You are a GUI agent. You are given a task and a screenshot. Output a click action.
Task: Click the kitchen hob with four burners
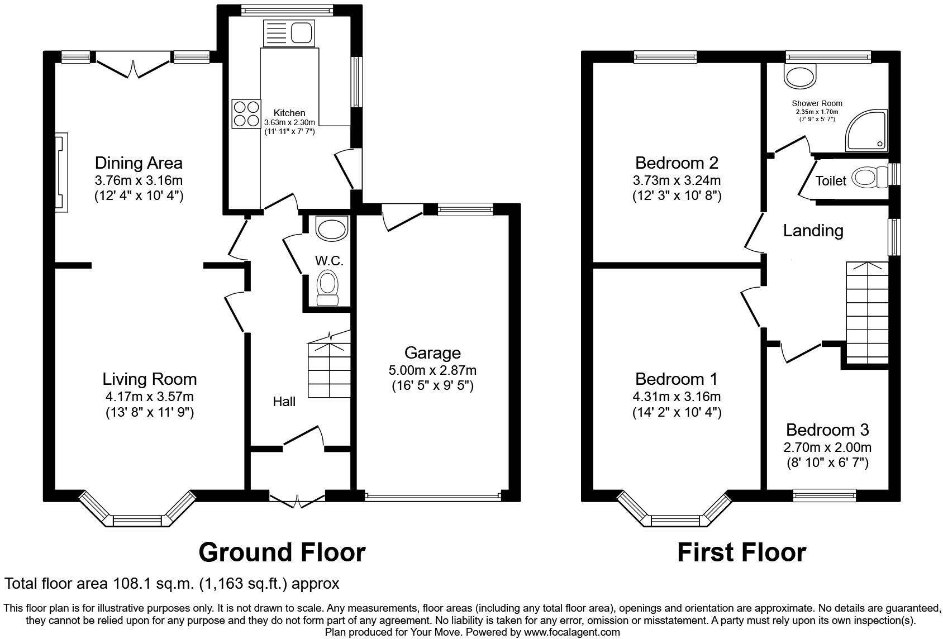tap(246, 113)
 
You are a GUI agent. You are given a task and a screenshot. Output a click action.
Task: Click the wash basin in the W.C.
tap(331, 228)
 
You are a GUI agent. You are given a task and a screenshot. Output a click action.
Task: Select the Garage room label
tap(432, 352)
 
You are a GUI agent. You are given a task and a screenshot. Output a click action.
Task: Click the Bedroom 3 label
tap(827, 430)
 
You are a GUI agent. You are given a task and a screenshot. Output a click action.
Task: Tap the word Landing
tap(813, 230)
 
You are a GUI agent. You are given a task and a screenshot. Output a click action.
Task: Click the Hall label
tap(284, 402)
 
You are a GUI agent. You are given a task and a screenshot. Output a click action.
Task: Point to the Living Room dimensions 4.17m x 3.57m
tap(149, 397)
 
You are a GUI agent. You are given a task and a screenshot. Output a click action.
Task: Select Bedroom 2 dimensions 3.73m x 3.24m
tap(677, 180)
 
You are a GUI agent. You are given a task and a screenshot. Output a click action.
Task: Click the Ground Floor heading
tap(282, 552)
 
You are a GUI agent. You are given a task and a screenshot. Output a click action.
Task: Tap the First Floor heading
tap(741, 552)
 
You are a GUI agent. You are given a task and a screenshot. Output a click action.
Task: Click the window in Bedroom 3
tap(825, 494)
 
